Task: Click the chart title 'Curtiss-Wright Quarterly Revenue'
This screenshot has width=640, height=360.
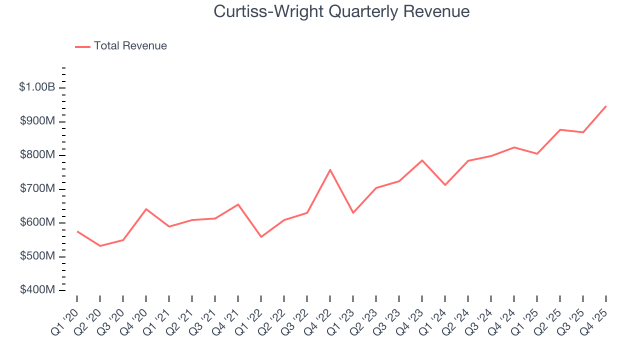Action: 341,11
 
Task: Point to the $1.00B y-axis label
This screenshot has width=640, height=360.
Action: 37,87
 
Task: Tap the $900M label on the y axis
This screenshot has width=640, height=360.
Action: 37,121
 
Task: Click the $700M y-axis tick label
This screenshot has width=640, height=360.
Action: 37,189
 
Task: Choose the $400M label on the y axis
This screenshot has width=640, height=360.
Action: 37,290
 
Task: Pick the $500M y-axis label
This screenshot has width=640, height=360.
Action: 37,256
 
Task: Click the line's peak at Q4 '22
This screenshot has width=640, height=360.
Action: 330,169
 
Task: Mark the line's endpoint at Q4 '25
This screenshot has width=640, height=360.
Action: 606,106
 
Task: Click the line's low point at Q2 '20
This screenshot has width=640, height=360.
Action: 100,246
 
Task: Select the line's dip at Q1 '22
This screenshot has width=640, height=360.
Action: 261,237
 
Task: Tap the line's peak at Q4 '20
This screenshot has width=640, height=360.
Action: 146,209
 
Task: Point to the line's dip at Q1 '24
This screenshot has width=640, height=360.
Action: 445,185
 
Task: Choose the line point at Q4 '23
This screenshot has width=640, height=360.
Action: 422,160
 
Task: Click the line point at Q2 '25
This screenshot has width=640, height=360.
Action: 560,129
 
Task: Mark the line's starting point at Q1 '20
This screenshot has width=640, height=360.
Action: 77,231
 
